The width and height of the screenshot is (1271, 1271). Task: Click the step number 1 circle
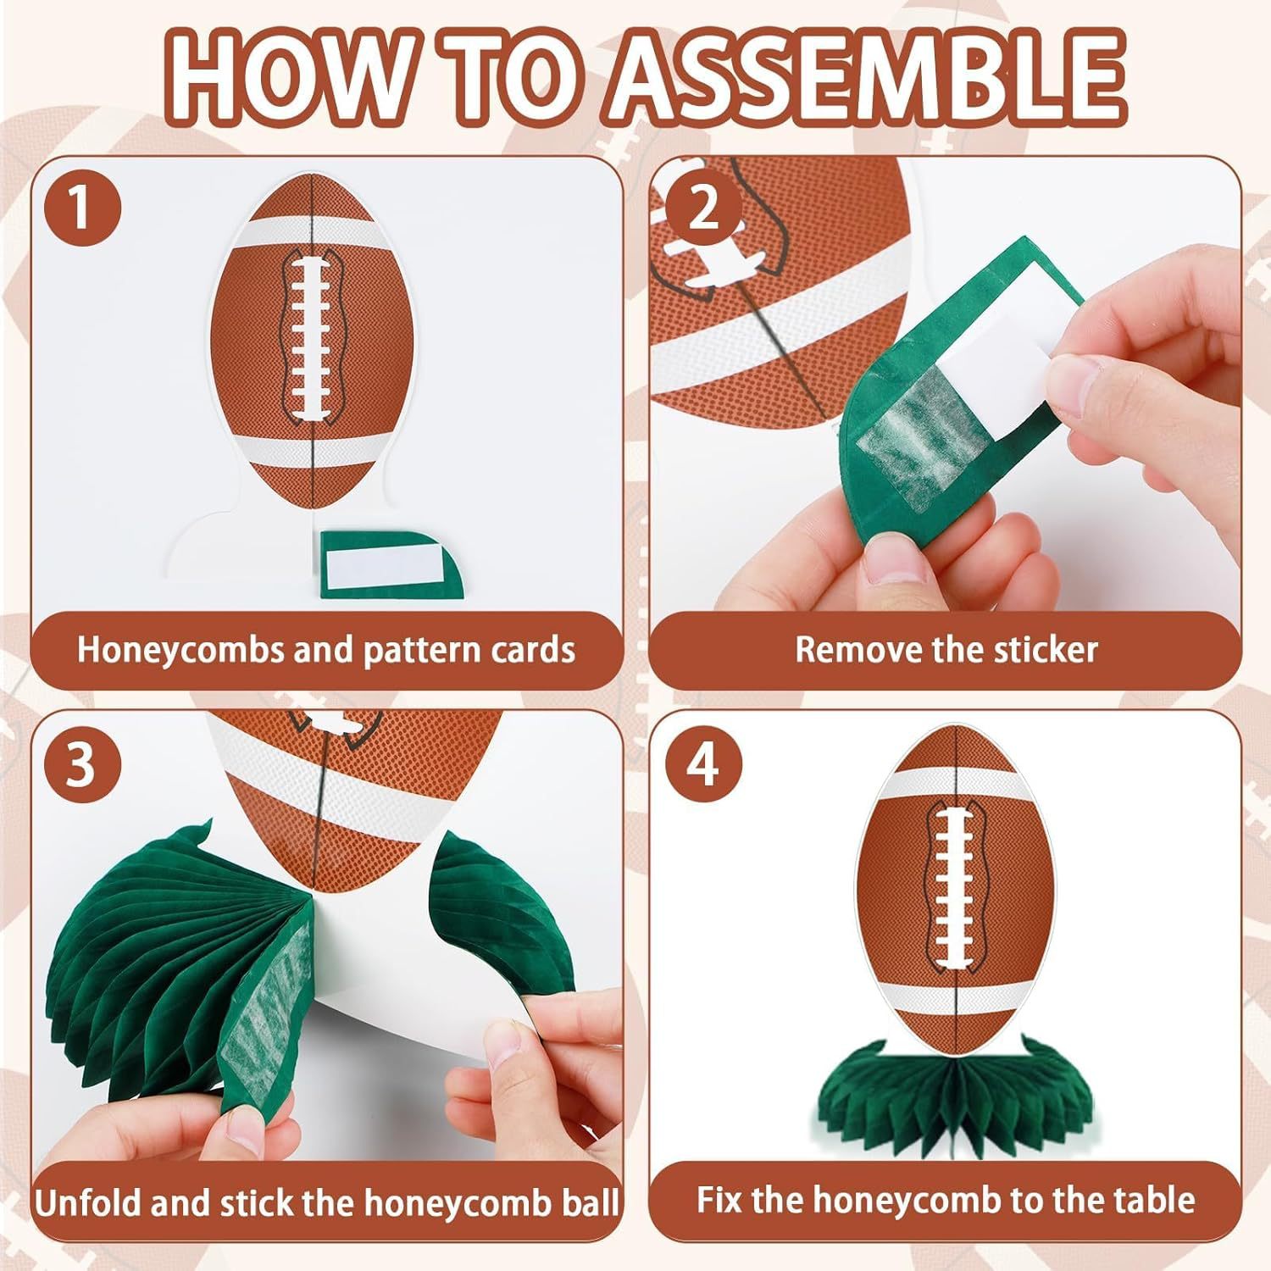tap(80, 208)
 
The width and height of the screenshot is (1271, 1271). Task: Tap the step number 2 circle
tap(702, 208)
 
